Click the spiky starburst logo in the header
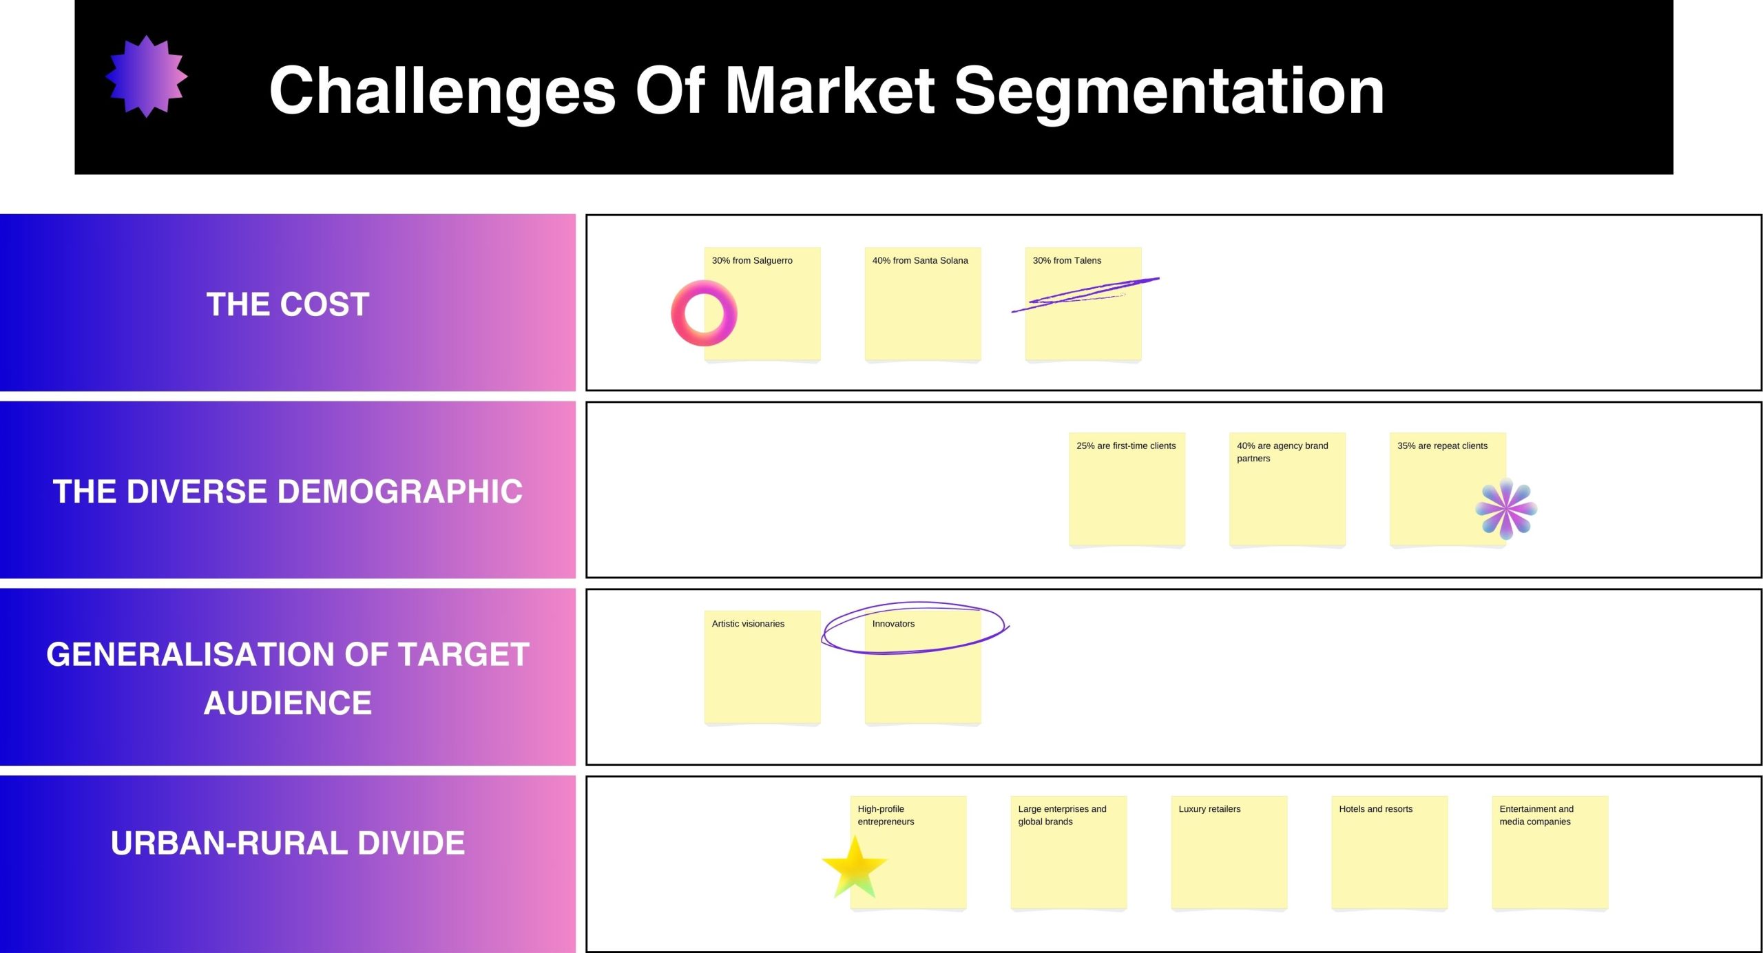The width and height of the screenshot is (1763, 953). pos(147,76)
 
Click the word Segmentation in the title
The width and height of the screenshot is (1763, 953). pos(1169,92)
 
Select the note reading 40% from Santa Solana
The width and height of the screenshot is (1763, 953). pos(923,304)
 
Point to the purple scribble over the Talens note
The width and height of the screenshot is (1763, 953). pos(1085,295)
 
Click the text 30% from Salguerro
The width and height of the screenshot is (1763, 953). pos(752,260)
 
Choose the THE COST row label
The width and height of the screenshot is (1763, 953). pos(288,304)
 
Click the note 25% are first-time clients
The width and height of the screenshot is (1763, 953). pos(1127,490)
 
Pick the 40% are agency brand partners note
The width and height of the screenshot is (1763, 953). pos(1287,490)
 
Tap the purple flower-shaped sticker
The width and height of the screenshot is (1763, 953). pos(1506,509)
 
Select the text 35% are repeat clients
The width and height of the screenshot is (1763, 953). pos(1442,446)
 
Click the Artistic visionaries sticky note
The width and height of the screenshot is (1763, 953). pos(762,667)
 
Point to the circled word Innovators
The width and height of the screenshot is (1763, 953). pos(893,624)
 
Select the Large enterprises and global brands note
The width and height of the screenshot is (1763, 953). pos(1069,853)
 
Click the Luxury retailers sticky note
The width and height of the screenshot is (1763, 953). pos(1229,853)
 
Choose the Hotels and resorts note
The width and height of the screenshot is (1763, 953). pos(1390,853)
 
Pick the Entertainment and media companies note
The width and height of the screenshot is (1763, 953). pos(1550,853)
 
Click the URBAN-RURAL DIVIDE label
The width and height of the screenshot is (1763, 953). pos(288,843)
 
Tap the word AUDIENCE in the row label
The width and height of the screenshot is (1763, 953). pos(288,703)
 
